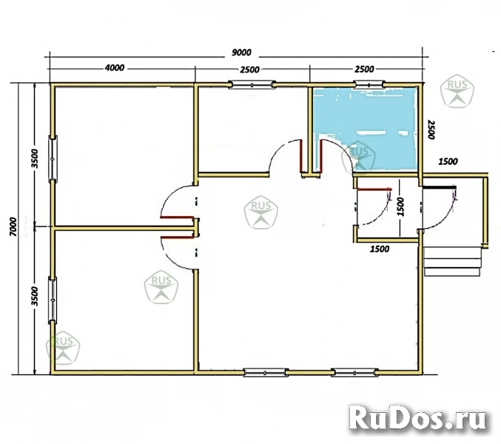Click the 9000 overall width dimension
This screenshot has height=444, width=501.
coord(241,52)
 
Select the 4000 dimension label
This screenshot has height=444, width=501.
coord(115,68)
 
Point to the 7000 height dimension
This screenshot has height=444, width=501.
coord(13,226)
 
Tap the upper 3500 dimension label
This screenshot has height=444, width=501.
coord(35,159)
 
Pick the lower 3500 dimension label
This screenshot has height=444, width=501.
coord(35,297)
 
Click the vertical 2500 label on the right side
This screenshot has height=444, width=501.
coord(431,129)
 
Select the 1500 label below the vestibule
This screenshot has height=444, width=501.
coord(380,249)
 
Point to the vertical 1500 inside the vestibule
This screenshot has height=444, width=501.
coord(400,207)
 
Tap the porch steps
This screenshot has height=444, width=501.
coord(452,261)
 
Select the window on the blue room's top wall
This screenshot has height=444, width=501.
coord(369,84)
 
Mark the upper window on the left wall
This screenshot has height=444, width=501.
coord(53,159)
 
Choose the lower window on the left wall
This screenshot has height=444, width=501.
coord(53,300)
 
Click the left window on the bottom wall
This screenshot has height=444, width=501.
coord(265,372)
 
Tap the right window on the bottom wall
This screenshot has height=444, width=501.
coord(354,372)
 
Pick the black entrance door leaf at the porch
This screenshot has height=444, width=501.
coord(439,187)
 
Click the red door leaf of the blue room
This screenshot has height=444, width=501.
coord(320,155)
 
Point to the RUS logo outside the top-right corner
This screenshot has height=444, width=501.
coord(457,91)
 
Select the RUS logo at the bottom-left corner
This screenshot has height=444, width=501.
coord(63,348)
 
